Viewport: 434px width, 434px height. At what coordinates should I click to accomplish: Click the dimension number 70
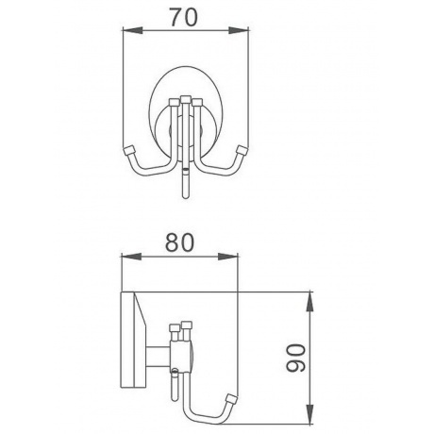tap(184, 17)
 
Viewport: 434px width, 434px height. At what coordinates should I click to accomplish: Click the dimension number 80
tap(180, 242)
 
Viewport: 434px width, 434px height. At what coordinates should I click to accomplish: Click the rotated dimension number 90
tap(296, 358)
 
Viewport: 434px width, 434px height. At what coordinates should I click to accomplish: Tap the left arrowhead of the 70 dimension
tap(132, 30)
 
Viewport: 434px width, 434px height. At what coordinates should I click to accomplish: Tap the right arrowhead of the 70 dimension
tap(239, 30)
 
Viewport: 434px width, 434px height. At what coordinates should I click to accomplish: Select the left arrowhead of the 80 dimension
tap(132, 257)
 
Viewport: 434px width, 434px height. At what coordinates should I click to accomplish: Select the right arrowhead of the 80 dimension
tap(227, 257)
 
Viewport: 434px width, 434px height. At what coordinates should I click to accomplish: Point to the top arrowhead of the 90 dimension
tap(310, 302)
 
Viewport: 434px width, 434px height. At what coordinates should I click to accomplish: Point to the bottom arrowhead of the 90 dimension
tap(310, 414)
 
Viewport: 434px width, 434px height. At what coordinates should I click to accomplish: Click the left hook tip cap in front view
tap(128, 150)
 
